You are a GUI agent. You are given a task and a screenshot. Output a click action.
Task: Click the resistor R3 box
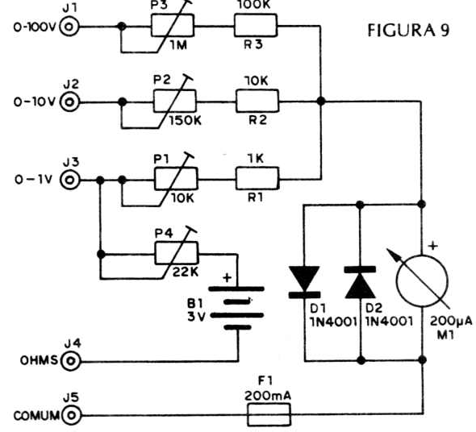pos(255,26)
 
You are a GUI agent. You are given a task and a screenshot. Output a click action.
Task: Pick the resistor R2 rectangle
pos(257,101)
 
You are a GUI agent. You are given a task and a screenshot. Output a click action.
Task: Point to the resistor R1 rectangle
pos(257,179)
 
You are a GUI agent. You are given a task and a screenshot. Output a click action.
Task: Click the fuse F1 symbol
pos(269,415)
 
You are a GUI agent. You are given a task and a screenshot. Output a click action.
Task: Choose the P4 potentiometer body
pos(177,253)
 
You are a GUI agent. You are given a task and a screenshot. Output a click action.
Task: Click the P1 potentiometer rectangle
pos(176,179)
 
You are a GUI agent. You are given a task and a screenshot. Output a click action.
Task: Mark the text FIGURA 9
pos(408,31)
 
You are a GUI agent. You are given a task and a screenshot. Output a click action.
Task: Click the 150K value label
pos(186,120)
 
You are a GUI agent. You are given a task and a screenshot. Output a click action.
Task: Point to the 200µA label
pos(451,322)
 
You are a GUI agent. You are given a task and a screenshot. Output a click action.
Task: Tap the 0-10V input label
pos(35,102)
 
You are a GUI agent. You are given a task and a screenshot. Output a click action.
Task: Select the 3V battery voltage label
pos(196,317)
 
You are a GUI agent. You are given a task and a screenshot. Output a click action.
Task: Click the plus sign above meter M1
pos(433,245)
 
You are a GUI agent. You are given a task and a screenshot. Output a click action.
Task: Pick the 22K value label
pos(186,272)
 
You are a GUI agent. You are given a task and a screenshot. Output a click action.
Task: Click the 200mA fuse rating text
pos(268,396)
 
